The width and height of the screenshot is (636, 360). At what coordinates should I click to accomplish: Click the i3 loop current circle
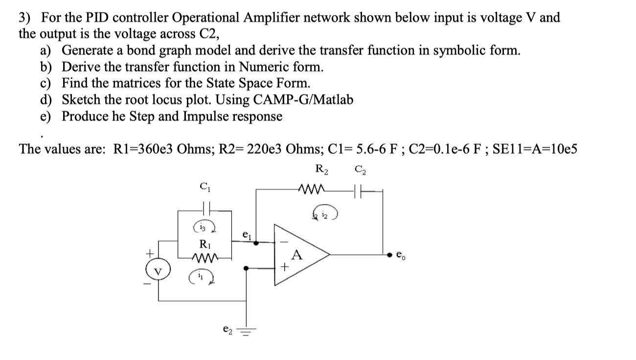203,227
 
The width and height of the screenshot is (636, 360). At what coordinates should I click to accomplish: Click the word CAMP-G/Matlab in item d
303,100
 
